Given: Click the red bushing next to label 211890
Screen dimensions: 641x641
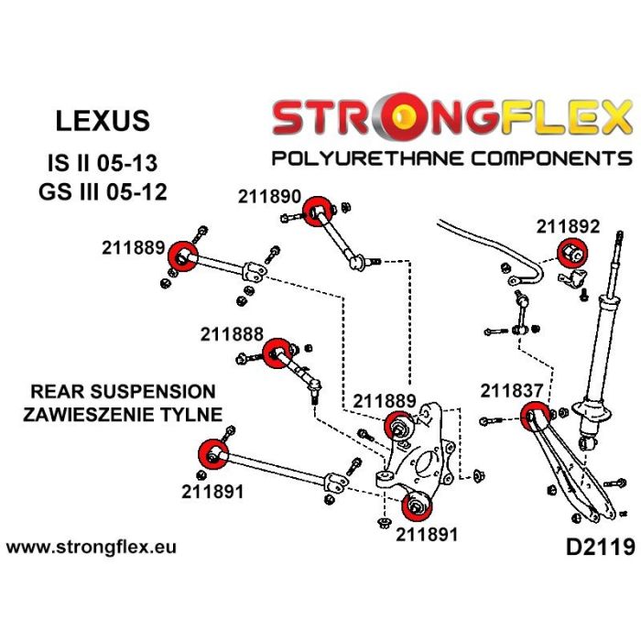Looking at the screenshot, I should [x=317, y=212].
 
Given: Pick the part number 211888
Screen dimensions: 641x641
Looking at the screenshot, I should [x=233, y=335].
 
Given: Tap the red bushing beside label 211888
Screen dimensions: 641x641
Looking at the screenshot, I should [x=277, y=353].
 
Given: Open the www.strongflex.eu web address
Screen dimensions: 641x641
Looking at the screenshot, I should [x=92, y=549].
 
